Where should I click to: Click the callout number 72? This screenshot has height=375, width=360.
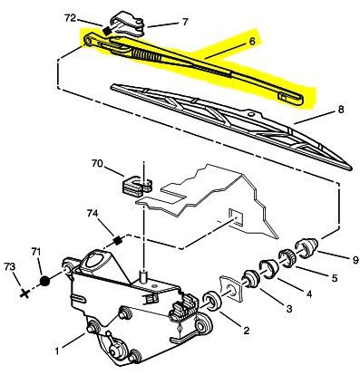[x=71, y=17]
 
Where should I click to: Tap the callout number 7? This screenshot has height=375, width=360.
[x=184, y=21]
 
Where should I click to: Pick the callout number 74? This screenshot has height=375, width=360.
[x=92, y=213]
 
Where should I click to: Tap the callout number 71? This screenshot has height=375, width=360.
[x=37, y=251]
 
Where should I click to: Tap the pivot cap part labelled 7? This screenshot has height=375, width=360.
[x=128, y=23]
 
